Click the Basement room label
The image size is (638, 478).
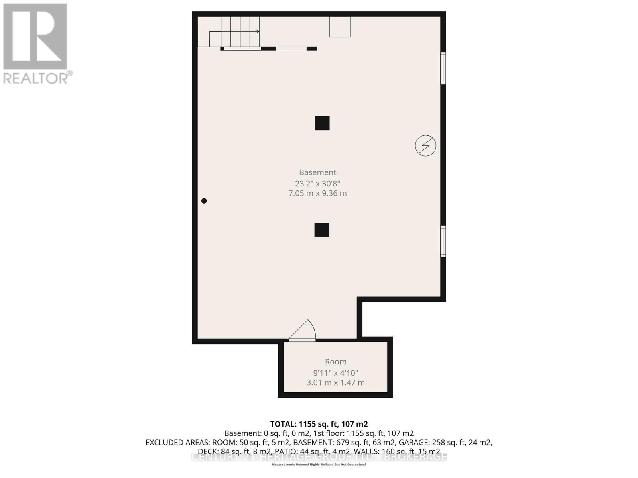point(317,172)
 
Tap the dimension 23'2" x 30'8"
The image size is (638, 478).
point(317,184)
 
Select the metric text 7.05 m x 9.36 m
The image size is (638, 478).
point(317,193)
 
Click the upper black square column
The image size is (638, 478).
point(322,123)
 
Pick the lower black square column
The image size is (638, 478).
point(322,230)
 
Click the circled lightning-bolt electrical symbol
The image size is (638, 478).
point(425,145)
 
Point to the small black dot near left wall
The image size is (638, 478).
point(204,201)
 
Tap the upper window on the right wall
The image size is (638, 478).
point(443,68)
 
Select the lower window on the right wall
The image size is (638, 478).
point(443,241)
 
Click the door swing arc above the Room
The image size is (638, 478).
point(305,330)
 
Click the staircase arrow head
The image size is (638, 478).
point(257,31)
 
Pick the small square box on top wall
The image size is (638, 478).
point(339,27)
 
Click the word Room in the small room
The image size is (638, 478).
point(335,362)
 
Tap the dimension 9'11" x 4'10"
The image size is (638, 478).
point(335,373)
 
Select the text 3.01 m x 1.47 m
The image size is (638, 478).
point(335,382)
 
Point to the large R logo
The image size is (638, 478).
point(35,36)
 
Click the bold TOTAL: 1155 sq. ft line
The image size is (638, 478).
point(319,424)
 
